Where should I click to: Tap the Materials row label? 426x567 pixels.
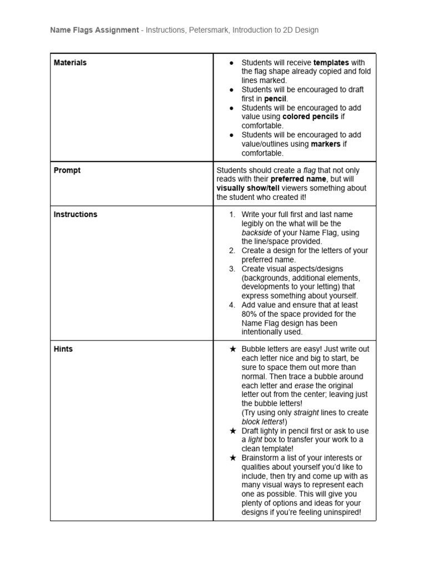point(70,63)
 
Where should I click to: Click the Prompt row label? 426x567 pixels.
point(67,171)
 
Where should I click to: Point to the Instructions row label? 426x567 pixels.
point(75,215)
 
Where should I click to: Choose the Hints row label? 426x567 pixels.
point(63,349)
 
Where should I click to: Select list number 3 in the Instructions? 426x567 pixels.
point(232,269)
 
